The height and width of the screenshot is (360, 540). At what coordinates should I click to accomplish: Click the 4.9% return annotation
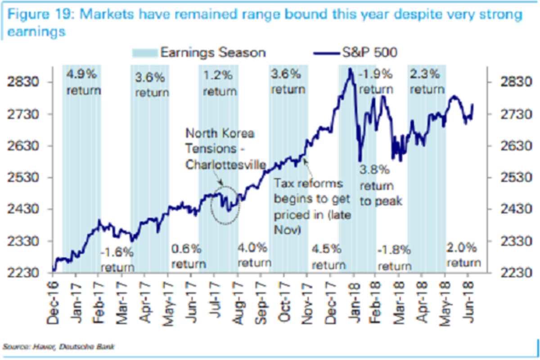pyautogui.click(x=83, y=81)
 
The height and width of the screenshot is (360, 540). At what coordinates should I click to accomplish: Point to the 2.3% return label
pyautogui.click(x=427, y=81)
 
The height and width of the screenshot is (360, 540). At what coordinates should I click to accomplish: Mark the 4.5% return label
pyautogui.click(x=328, y=256)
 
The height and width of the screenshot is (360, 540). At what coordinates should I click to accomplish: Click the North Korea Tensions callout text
pyautogui.click(x=220, y=149)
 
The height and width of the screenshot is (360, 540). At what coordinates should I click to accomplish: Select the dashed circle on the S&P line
pyautogui.click(x=225, y=205)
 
